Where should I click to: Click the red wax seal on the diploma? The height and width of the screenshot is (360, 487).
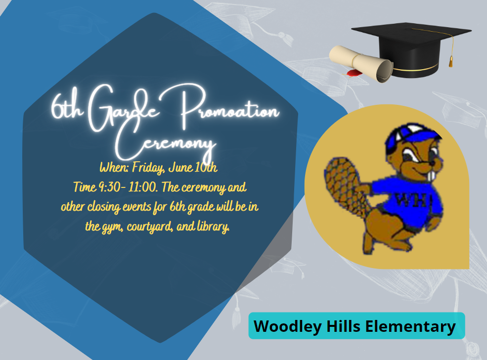point(354,73)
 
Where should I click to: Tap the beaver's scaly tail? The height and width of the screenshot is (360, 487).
point(345,186)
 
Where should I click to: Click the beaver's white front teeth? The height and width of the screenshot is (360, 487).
point(432,176)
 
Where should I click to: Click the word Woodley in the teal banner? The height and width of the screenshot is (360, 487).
point(288,327)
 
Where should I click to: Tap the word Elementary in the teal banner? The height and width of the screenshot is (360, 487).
point(410,327)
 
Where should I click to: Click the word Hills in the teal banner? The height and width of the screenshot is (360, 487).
point(343,326)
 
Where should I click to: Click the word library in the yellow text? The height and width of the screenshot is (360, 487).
point(213,226)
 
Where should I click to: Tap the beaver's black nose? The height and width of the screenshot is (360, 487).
point(432,163)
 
